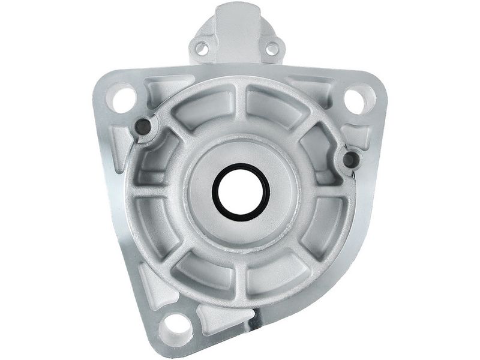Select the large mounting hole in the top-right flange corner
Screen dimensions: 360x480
(x=355, y=100)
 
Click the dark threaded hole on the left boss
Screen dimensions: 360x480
(x=143, y=126)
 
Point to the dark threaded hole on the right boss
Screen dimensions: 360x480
(x=351, y=159)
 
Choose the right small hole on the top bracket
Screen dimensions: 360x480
(x=272, y=47)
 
